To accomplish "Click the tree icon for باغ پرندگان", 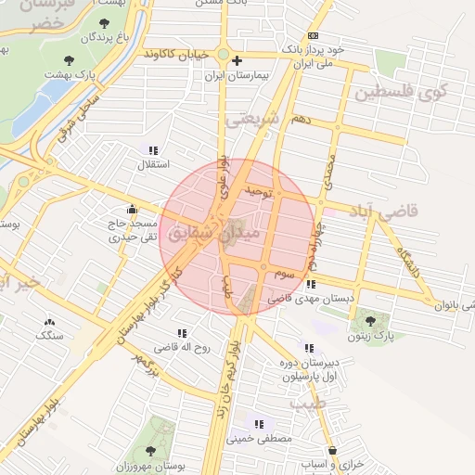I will click(100, 23).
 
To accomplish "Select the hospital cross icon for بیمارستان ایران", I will click(237, 58).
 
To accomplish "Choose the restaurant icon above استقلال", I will click(153, 150).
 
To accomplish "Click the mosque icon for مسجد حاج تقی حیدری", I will click(131, 210).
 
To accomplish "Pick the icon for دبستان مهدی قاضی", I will click(310, 285).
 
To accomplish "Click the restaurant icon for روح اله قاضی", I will click(182, 332).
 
